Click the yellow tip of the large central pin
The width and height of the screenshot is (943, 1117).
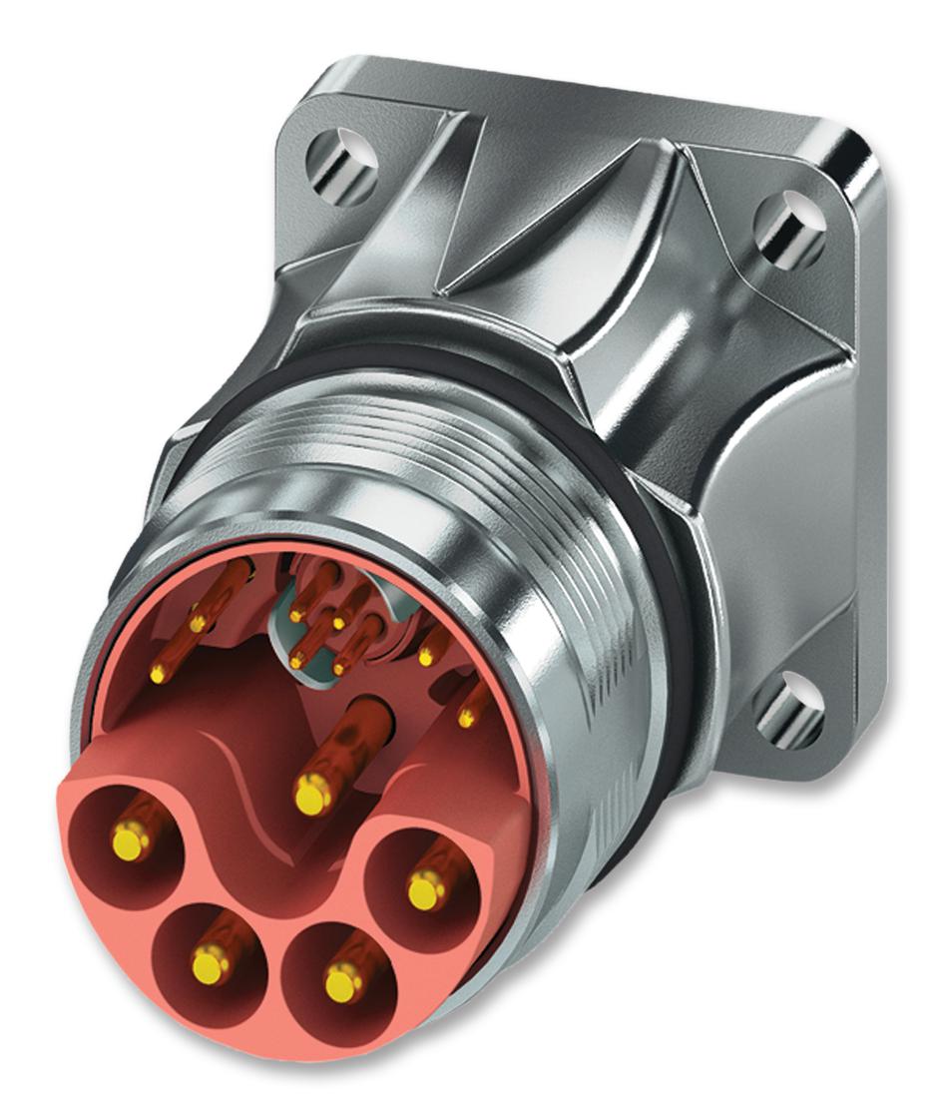click(311, 796)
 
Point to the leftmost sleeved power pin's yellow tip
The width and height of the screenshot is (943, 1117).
click(129, 838)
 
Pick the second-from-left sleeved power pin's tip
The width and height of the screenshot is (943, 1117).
click(212, 965)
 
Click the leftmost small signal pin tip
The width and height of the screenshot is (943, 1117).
click(157, 675)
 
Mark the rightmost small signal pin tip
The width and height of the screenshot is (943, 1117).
click(465, 716)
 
